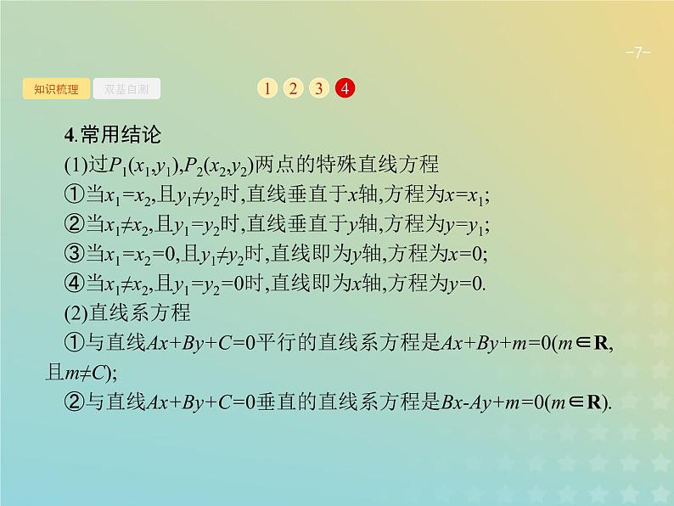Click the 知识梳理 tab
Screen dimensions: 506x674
coord(55,87)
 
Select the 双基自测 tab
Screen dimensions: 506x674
coord(126,87)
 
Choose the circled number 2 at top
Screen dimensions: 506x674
coord(292,87)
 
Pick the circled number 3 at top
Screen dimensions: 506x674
coord(318,87)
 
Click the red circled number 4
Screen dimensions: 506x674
coord(345,87)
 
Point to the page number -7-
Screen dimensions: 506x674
coord(637,53)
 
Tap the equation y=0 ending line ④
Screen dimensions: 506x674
coord(463,282)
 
